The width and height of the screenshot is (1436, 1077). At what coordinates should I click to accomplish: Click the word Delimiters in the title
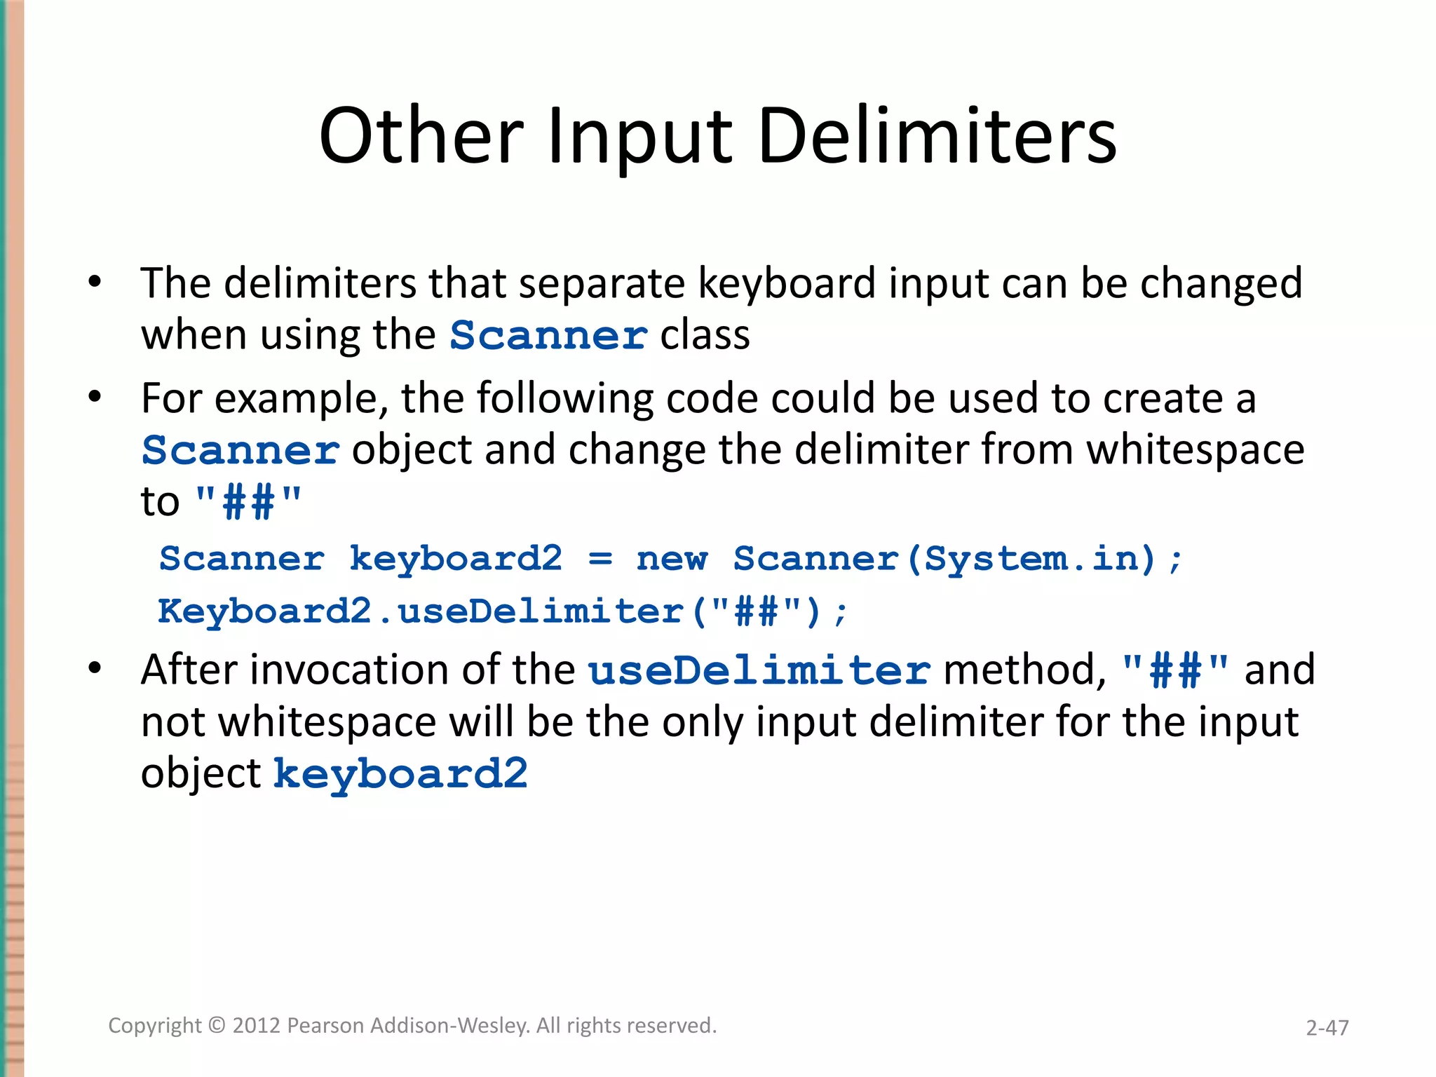pyautogui.click(x=937, y=136)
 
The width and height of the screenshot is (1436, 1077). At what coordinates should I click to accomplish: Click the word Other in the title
pyautogui.click(x=421, y=136)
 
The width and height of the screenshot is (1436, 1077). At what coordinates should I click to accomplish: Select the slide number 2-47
pyautogui.click(x=1327, y=1028)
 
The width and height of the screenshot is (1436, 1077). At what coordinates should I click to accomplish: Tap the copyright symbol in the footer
pyautogui.click(x=217, y=1026)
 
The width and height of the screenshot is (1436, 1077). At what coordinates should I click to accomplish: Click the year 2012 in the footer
pyautogui.click(x=257, y=1026)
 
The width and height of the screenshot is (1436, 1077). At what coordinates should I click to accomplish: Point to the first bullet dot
pyautogui.click(x=95, y=283)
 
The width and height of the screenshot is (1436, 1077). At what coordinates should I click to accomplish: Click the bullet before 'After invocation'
pyautogui.click(x=95, y=669)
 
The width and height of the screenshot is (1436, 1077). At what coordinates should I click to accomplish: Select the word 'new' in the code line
pyautogui.click(x=672, y=559)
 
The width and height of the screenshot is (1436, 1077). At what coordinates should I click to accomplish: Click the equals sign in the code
pyautogui.click(x=600, y=559)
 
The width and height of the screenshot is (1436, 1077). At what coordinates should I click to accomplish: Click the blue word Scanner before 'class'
pyautogui.click(x=548, y=335)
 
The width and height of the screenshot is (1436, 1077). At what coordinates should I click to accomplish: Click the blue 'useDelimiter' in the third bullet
pyautogui.click(x=759, y=670)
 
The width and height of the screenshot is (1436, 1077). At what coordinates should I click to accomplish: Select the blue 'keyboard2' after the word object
pyautogui.click(x=400, y=774)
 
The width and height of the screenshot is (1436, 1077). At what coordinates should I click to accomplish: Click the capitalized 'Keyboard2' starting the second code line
pyautogui.click(x=264, y=611)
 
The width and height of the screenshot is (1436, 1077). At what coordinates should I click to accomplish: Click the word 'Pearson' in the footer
pyautogui.click(x=326, y=1026)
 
